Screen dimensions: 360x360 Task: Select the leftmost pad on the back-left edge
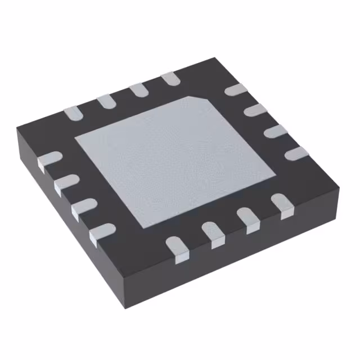tap(73, 112)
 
